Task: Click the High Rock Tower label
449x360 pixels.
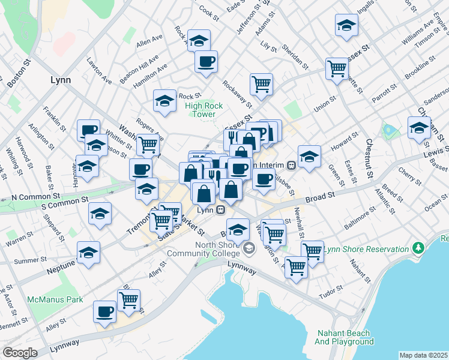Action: click(x=204, y=110)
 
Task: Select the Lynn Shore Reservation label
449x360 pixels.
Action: click(x=367, y=249)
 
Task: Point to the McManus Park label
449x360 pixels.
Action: click(x=50, y=298)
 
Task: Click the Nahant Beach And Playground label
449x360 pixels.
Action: click(x=344, y=337)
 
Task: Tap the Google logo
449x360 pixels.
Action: click(x=19, y=353)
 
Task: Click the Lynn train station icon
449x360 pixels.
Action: click(x=221, y=209)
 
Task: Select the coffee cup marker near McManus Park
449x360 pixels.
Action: click(x=104, y=311)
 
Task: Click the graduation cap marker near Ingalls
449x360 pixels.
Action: click(x=346, y=25)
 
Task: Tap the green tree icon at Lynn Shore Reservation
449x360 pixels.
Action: click(x=419, y=247)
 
